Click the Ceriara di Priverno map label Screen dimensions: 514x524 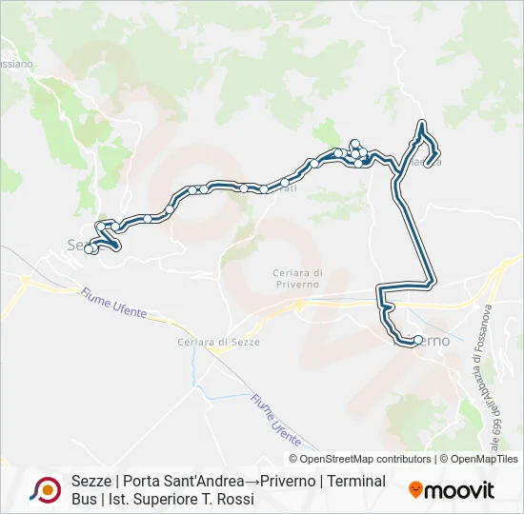click(x=295, y=278)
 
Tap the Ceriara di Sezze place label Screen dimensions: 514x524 click(x=218, y=342)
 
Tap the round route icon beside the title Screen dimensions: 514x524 click(x=46, y=490)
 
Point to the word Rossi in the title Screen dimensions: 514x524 click(x=234, y=499)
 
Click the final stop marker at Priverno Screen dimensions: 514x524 click(x=417, y=340)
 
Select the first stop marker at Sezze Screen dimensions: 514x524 click(x=89, y=249)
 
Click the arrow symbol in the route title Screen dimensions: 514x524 click(x=252, y=482)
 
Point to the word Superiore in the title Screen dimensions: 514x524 click(x=169, y=499)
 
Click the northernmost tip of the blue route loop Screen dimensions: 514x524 click(x=421, y=123)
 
